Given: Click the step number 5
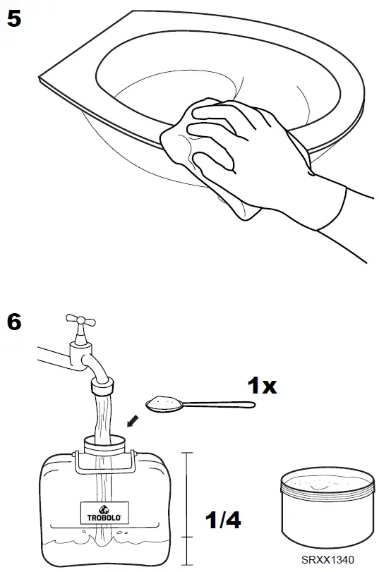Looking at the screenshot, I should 14,18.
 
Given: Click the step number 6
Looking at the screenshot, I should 14,322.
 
